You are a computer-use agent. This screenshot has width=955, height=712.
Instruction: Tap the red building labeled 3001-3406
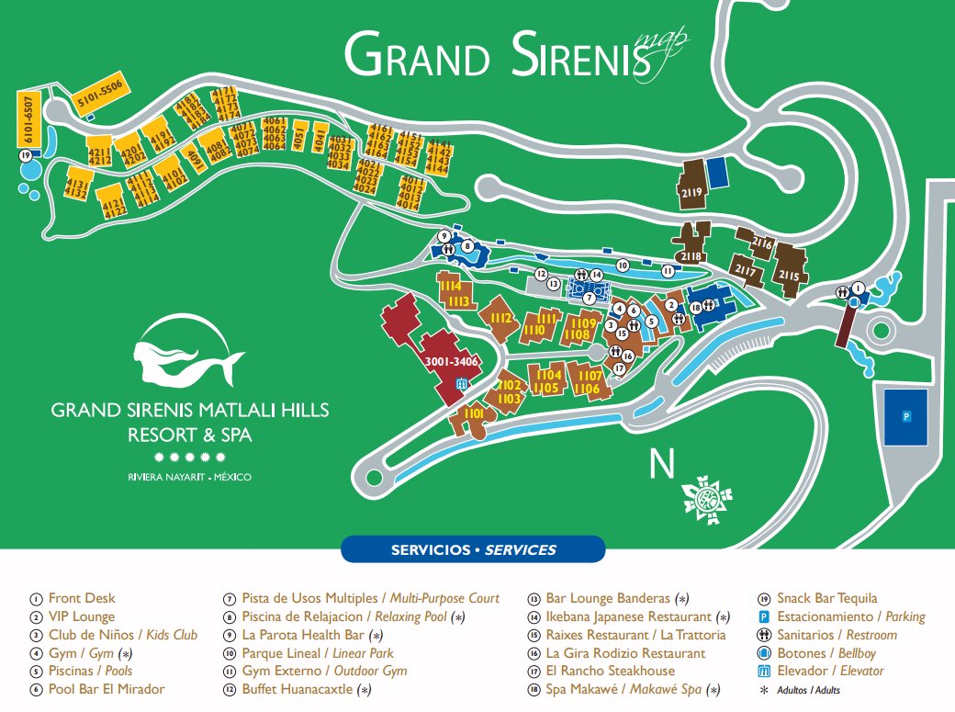[x=444, y=362]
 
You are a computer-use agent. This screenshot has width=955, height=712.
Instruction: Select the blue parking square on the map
[x=904, y=416]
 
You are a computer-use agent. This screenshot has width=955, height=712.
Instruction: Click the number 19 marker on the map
[x=26, y=156]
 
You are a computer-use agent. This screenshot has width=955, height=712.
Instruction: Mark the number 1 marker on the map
[x=858, y=288]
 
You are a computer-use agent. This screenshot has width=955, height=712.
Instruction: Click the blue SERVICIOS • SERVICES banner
[x=473, y=549]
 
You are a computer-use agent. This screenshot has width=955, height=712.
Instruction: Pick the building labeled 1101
[x=473, y=418]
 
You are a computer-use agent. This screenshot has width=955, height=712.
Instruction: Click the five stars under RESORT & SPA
[x=189, y=457]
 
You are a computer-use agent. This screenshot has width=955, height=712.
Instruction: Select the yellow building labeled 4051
[x=298, y=138]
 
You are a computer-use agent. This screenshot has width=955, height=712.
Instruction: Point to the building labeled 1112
[x=500, y=318]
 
